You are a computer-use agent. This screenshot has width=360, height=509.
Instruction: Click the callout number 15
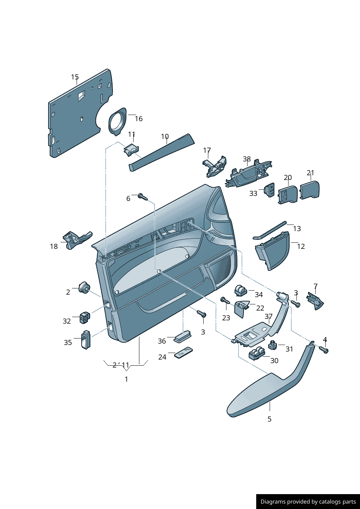coord(75,77)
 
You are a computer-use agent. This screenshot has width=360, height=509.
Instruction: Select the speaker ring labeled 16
coord(117,122)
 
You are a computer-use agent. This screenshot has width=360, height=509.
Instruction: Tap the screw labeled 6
coord(143,197)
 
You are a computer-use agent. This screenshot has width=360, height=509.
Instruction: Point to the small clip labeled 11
coord(131,149)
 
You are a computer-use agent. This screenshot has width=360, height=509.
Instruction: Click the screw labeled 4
coord(323,350)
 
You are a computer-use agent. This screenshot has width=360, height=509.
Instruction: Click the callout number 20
coord(287,177)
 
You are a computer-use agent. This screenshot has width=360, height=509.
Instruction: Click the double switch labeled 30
coord(257,353)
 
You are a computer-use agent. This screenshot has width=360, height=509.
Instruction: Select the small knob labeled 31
coord(273,345)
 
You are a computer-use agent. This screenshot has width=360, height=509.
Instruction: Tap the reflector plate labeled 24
coord(184,352)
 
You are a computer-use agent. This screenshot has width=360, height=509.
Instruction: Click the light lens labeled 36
coord(183,336)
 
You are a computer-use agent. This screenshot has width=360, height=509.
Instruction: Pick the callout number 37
coord(268,316)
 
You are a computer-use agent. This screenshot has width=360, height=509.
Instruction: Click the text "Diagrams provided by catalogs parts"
coord(308,502)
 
